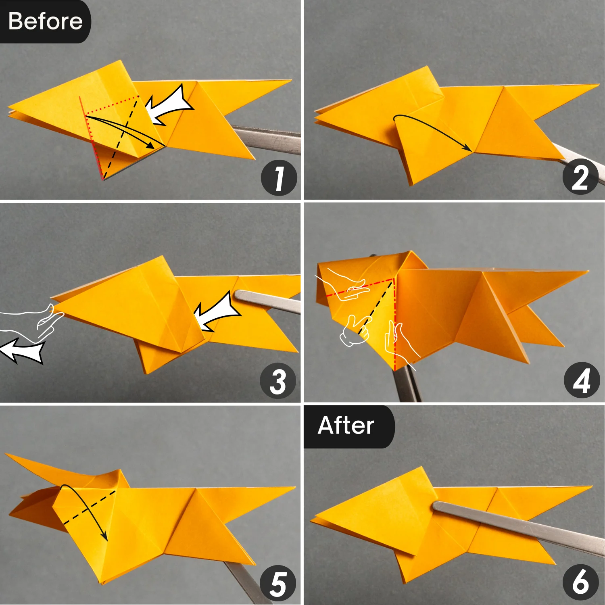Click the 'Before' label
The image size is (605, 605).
tap(45, 21)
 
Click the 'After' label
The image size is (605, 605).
tap(346, 426)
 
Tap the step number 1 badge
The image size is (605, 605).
tap(279, 178)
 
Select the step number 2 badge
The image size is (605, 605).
tap(580, 177)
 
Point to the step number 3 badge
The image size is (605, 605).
tap(278, 381)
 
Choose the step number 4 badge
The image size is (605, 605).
tap(582, 380)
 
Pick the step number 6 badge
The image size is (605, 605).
tap(580, 582)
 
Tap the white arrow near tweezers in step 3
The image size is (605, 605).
tap(216, 313)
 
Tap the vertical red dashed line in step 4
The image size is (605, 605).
tap(395, 323)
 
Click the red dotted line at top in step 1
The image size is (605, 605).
tap(112, 105)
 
